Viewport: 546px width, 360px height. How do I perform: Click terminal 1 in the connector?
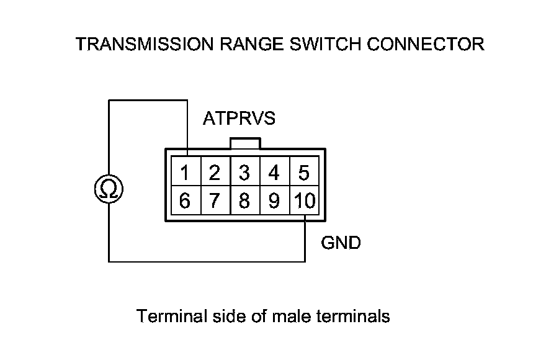tap(186, 171)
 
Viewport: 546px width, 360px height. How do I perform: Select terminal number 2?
tap(215, 171)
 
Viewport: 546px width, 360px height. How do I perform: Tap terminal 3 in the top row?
tap(245, 171)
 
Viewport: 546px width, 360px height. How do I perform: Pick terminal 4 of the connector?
tap(275, 171)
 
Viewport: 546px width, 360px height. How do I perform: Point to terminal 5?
tap(304, 171)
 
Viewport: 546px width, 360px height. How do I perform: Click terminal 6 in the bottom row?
tap(186, 200)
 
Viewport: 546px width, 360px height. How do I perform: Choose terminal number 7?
tap(215, 200)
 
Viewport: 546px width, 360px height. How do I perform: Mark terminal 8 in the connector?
tap(245, 200)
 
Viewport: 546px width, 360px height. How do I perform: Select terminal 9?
tap(275, 200)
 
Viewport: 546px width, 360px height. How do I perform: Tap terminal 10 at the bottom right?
tap(304, 200)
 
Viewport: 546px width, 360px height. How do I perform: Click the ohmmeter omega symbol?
tap(109, 189)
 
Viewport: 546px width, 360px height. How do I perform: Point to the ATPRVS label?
tap(239, 119)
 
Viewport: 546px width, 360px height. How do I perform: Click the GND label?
tap(341, 243)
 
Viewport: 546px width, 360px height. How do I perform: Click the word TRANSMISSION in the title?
tap(145, 44)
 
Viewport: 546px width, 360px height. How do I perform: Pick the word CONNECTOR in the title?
tap(426, 44)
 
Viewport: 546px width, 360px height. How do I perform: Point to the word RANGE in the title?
tap(251, 44)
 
